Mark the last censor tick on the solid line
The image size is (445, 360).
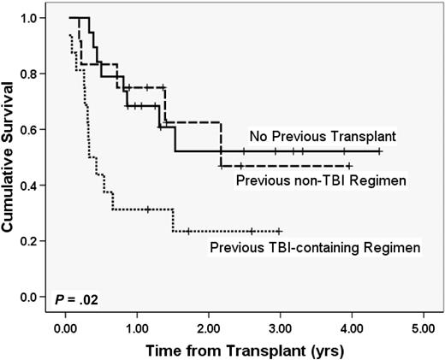click(x=379, y=151)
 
